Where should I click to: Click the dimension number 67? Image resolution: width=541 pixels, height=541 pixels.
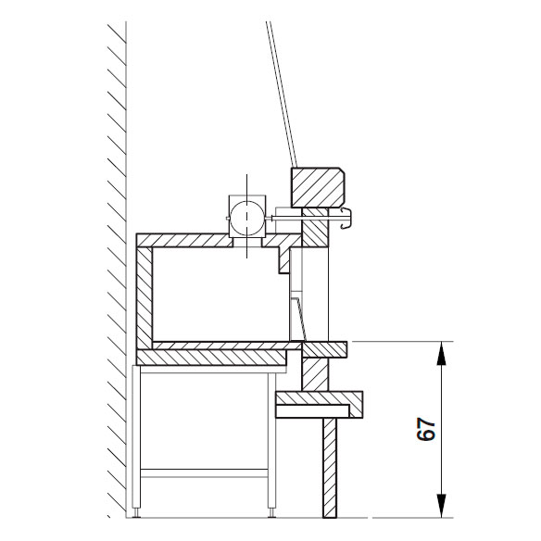coord(426,430)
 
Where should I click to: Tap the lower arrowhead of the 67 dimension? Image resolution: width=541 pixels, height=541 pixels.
coord(441,506)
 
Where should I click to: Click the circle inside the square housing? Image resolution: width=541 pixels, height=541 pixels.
coord(246,218)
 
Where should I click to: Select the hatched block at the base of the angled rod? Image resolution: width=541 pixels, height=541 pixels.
coord(318,187)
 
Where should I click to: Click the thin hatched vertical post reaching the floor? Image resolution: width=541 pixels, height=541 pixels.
coord(330,468)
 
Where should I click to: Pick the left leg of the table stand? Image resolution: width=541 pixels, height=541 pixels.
coord(136,441)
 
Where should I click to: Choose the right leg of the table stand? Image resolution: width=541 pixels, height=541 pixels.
coord(271,442)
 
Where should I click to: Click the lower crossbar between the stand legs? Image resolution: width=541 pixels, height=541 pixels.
coord(204,473)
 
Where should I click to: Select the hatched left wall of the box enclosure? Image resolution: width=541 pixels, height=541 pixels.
coord(145,297)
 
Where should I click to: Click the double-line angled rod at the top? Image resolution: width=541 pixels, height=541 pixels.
coord(282,94)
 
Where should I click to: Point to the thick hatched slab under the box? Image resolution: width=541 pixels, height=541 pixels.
coord(212,358)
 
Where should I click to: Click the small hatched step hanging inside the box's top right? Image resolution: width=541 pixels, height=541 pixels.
coord(284,260)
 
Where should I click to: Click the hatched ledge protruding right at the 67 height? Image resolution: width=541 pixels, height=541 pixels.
coord(324,349)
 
